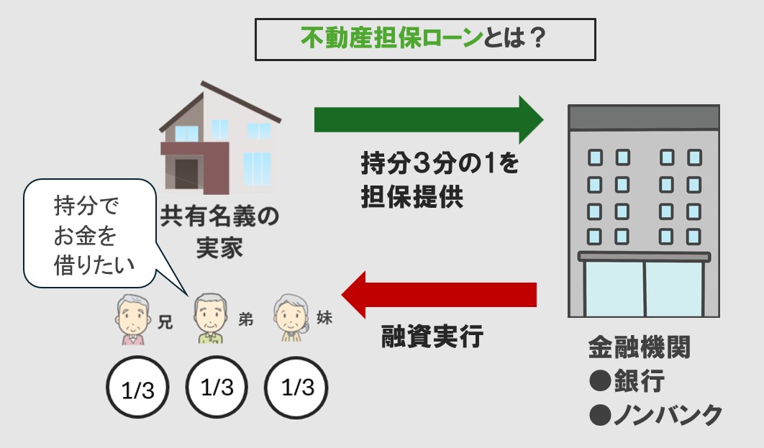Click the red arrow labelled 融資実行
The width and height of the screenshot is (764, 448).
(x=439, y=294)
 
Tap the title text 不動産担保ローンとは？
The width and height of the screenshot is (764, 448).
(x=425, y=38)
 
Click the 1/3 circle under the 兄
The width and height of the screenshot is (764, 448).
(x=137, y=389)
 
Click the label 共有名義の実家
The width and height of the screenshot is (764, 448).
(x=219, y=231)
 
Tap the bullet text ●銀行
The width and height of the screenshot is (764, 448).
(x=627, y=381)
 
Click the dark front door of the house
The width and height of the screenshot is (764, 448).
(x=187, y=175)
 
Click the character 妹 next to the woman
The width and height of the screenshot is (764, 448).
(x=324, y=319)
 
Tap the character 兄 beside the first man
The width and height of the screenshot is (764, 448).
(x=165, y=323)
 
